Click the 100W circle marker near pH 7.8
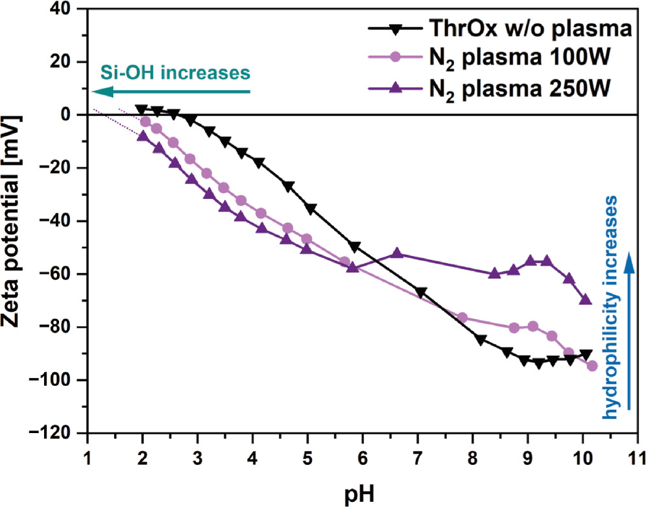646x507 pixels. pos(462,318)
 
